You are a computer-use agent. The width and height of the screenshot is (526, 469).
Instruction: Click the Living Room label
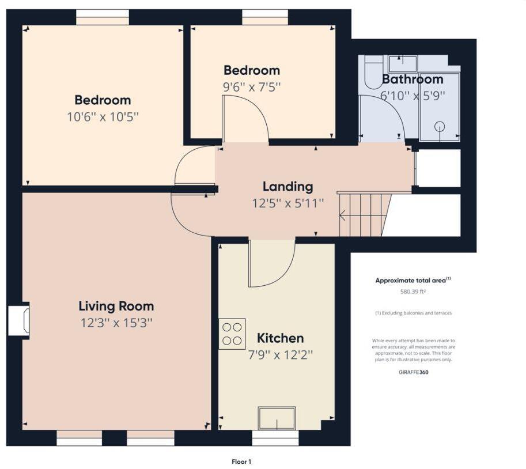tap(116, 306)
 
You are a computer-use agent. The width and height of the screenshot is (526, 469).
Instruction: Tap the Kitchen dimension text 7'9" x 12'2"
tap(280, 355)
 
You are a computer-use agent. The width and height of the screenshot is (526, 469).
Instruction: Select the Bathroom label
tap(413, 79)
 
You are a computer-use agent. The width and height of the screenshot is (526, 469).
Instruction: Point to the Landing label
tap(287, 186)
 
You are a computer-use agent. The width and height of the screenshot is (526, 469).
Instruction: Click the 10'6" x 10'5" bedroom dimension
tap(103, 117)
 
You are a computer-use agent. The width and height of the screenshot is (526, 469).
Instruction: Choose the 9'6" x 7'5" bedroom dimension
tap(252, 88)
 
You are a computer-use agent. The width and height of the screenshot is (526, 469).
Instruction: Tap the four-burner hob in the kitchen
tap(232, 334)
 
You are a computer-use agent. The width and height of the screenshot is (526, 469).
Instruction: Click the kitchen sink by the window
tap(277, 418)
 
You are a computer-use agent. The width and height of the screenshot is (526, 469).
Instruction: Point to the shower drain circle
tap(440, 126)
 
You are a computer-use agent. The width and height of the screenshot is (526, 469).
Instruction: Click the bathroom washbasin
tap(402, 62)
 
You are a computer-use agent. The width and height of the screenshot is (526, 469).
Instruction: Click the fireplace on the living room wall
tap(18, 320)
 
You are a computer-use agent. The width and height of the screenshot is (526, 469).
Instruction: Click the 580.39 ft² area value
tap(413, 292)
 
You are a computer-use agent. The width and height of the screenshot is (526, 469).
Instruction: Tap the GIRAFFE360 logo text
tap(413, 372)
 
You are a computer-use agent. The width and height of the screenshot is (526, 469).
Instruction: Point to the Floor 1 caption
tap(241, 462)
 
